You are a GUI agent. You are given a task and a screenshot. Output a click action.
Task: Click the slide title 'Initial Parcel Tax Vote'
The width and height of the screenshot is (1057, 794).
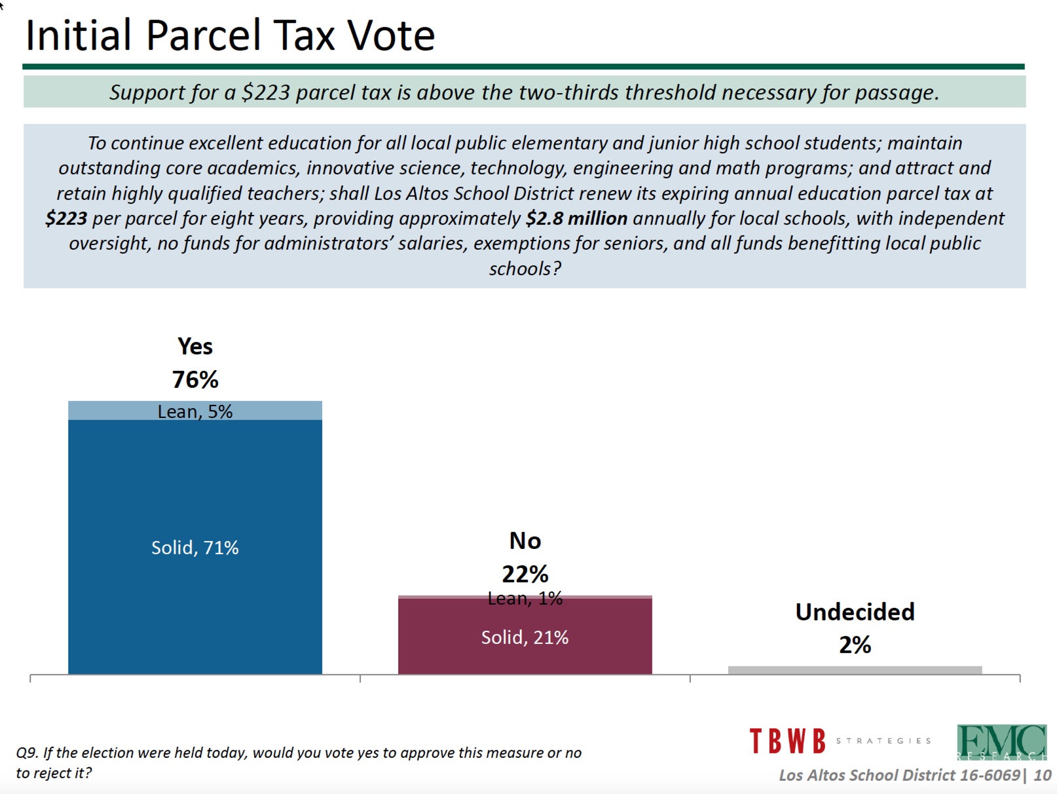click(x=230, y=35)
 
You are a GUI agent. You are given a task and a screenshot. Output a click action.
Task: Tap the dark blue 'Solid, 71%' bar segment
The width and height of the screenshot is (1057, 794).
click(x=195, y=547)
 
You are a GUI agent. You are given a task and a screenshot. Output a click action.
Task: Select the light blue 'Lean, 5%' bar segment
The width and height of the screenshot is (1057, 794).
click(x=195, y=411)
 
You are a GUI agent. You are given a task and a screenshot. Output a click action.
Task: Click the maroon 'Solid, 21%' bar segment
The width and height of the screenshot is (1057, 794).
click(x=525, y=637)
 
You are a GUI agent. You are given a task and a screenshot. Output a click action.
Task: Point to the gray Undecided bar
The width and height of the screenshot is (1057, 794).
click(x=855, y=670)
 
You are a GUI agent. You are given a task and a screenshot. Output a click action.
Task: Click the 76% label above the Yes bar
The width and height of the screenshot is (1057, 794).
click(x=195, y=379)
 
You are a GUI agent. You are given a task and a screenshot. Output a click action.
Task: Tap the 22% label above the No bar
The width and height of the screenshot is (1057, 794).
click(x=525, y=574)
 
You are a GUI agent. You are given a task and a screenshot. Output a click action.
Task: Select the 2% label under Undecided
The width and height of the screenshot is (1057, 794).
click(x=855, y=645)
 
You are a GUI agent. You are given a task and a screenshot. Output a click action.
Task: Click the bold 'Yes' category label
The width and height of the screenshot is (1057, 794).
click(x=195, y=346)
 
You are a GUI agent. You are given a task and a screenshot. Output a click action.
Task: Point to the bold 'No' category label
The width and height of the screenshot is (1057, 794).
click(x=525, y=540)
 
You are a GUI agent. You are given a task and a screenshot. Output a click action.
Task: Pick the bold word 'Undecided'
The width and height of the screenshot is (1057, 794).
click(x=855, y=612)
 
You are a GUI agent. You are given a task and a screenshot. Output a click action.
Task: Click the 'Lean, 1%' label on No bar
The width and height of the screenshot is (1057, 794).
click(x=525, y=599)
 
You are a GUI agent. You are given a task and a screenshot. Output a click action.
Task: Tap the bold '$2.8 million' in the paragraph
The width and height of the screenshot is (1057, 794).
click(x=576, y=219)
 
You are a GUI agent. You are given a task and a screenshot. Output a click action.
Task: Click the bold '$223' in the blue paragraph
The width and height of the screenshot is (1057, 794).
click(x=66, y=219)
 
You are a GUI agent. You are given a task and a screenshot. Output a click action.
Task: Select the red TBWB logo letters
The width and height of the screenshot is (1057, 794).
click(x=788, y=740)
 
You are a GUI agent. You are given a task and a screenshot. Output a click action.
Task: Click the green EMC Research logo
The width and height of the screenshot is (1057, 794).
click(x=1001, y=742)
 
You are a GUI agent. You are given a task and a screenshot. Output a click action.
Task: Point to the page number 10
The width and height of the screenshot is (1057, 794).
click(x=1042, y=775)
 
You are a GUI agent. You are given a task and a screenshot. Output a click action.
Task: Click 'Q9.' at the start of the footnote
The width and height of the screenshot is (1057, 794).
click(x=26, y=753)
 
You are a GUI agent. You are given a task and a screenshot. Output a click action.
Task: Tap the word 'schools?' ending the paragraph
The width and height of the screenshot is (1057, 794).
click(x=525, y=269)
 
